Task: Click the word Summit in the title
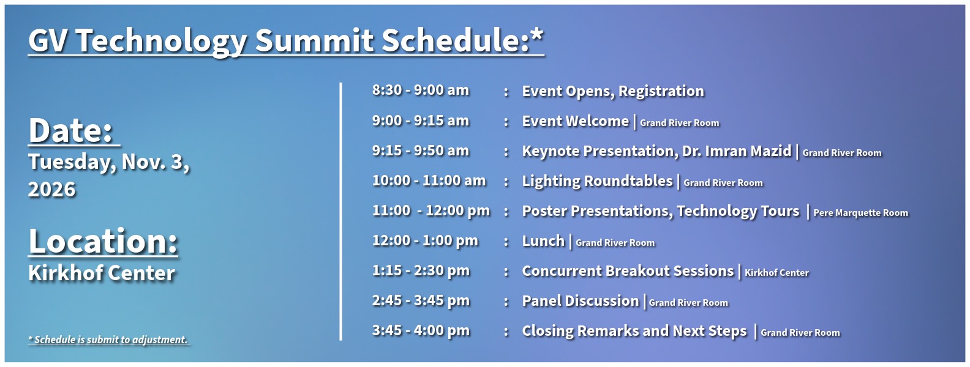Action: click(314, 41)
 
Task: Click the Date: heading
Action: click(73, 131)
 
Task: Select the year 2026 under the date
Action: click(52, 190)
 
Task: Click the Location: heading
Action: click(103, 241)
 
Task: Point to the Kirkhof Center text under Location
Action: click(102, 273)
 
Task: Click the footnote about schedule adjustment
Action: click(108, 339)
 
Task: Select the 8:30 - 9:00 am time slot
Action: click(420, 91)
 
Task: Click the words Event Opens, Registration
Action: click(612, 91)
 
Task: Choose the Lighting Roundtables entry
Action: click(597, 181)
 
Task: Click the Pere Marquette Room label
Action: click(860, 213)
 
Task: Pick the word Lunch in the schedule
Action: click(543, 241)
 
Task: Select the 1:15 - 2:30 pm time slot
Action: click(420, 271)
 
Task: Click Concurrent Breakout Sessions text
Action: click(628, 271)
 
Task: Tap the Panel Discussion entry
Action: click(581, 301)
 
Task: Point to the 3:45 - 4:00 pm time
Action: click(420, 331)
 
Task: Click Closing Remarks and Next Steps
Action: click(634, 331)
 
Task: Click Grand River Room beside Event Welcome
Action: click(679, 123)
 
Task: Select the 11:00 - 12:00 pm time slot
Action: click(430, 211)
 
